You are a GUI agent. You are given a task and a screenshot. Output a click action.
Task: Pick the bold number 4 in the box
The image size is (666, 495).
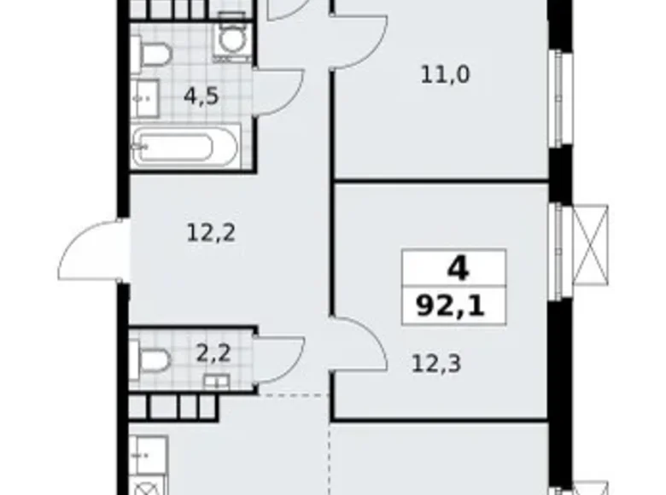coord(457,270)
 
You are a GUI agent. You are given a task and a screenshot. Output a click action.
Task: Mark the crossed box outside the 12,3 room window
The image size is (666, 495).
coord(592,243)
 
